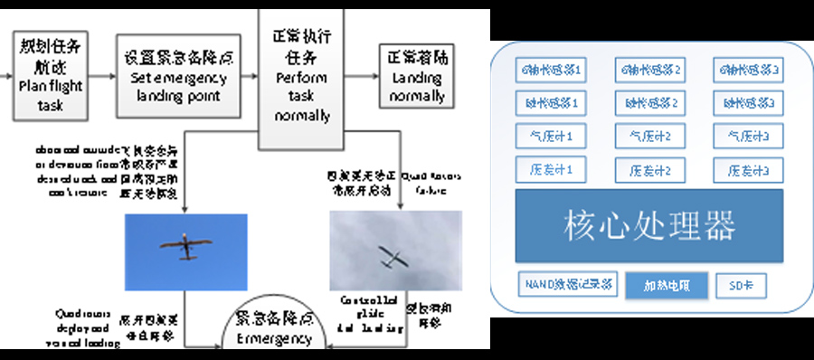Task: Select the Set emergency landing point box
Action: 177,76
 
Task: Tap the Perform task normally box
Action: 301,76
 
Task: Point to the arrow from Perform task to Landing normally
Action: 362,76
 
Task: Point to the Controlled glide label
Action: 363,313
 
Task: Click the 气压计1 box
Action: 554,137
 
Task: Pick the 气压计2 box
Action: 648,137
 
